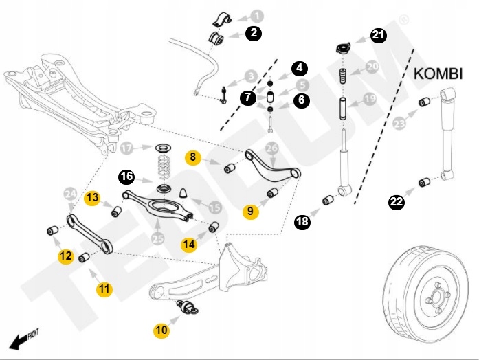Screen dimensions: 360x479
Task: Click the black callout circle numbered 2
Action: coord(254,32)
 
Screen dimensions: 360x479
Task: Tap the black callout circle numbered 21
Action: coord(379,35)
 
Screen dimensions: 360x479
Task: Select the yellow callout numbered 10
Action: coord(161,330)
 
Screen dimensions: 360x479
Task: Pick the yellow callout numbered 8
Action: coord(194,157)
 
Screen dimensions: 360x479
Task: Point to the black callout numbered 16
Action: coord(126,177)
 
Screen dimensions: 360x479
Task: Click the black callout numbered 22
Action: coord(397,201)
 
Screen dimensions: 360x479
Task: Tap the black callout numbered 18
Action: coord(302,221)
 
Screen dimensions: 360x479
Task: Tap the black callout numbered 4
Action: coord(300,68)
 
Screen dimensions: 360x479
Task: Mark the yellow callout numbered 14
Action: coord(189,243)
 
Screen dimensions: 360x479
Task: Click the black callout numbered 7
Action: coord(248,98)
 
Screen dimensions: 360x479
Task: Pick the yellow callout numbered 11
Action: coord(104,289)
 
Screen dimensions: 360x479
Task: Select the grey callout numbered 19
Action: coord(370,99)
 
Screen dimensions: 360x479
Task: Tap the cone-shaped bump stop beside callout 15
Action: coord(184,193)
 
